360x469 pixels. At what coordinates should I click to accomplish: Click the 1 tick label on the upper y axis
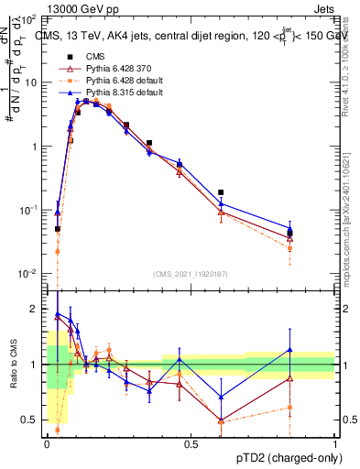pyautogui.click(x=38, y=147)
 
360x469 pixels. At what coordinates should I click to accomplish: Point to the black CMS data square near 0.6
pyautogui.click(x=221, y=193)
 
